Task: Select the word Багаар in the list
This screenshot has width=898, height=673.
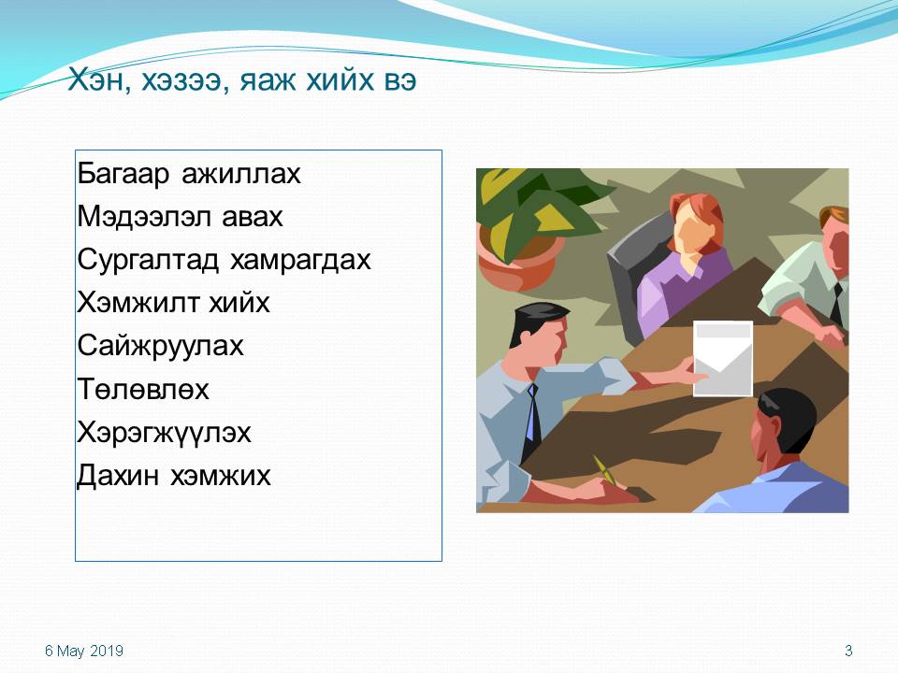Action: [123, 174]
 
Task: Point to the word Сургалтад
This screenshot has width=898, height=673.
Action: [148, 260]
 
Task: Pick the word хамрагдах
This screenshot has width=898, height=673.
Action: [300, 260]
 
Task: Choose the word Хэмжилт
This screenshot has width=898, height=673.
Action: [138, 302]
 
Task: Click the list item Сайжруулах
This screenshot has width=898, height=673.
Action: [160, 346]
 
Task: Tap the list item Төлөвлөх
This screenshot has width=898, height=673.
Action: [143, 389]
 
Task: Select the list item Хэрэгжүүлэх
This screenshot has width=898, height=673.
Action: [164, 433]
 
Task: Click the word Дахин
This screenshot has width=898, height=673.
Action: [118, 476]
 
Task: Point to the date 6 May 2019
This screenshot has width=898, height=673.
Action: [84, 651]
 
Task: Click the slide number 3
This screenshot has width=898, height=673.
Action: [848, 651]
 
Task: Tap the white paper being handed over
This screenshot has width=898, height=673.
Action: [723, 359]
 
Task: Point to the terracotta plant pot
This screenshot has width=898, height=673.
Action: [518, 262]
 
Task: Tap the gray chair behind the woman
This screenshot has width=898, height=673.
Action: [630, 275]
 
